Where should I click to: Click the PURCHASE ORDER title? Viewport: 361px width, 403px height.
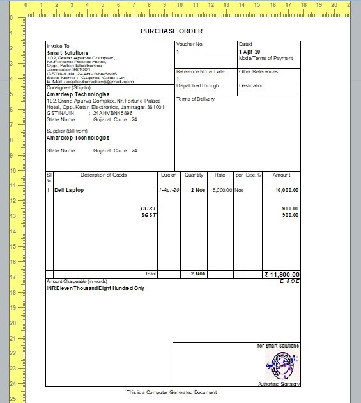click(x=171, y=31)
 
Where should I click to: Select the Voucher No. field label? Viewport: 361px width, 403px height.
click(x=190, y=44)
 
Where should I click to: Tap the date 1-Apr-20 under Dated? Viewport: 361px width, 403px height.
click(x=249, y=51)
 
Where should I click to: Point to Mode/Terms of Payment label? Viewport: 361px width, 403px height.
click(x=265, y=58)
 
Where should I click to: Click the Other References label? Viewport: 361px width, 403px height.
click(x=258, y=72)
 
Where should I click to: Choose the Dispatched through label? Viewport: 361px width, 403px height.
click(x=197, y=85)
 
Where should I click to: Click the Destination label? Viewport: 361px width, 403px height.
click(x=251, y=85)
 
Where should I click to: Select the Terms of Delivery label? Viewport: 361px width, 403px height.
click(x=196, y=99)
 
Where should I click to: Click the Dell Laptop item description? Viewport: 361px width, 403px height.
click(x=69, y=190)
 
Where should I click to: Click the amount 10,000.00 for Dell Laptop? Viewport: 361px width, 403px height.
click(x=287, y=190)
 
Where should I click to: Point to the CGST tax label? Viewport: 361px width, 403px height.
click(x=148, y=209)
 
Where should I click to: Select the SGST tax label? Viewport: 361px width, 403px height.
click(x=148, y=215)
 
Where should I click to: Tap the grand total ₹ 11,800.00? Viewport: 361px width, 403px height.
click(x=281, y=274)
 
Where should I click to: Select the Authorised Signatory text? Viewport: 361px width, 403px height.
click(x=279, y=384)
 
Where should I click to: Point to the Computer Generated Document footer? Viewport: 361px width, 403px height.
click(x=171, y=392)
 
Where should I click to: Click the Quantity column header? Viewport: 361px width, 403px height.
click(x=194, y=175)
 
